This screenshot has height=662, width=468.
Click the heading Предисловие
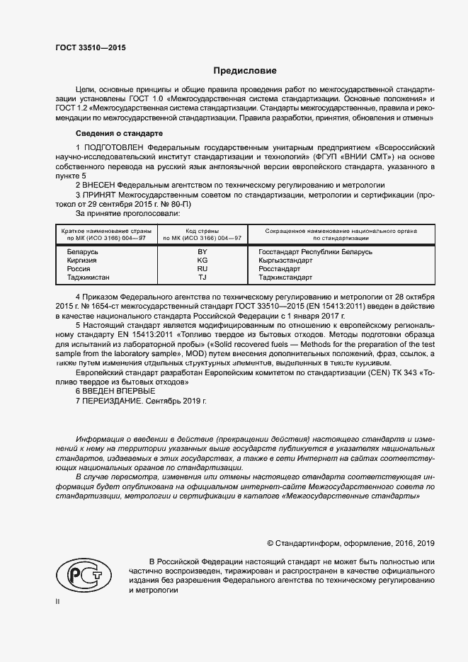click(x=246, y=71)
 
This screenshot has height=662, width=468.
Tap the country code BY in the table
click(x=202, y=252)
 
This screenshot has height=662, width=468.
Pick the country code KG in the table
click(x=202, y=261)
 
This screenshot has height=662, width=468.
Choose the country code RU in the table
click(x=202, y=269)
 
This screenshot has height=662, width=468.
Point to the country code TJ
click(x=202, y=278)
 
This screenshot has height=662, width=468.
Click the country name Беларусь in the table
click(x=82, y=252)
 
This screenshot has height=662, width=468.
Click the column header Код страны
click(x=202, y=231)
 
